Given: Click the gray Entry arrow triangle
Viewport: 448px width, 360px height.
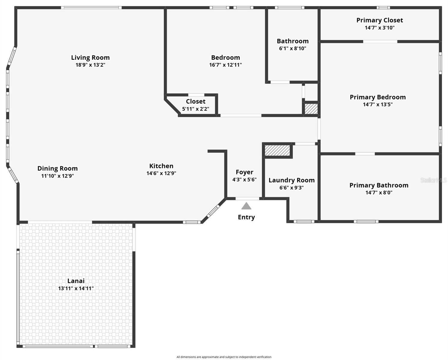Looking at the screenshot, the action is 246,206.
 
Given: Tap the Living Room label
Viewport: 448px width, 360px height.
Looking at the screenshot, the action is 90,57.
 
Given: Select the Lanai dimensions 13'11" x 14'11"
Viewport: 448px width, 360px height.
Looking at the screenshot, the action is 76,288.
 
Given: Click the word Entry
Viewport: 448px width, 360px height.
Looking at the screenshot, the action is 246,217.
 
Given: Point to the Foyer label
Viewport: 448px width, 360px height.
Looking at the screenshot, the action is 244,172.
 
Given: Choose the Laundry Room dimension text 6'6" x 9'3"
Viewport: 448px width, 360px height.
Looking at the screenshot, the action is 292,187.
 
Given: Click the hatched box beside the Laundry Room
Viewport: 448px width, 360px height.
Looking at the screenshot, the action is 277,150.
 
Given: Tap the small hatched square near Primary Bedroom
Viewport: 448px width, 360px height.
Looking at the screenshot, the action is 311,109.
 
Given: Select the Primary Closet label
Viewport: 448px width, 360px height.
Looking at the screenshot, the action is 380,20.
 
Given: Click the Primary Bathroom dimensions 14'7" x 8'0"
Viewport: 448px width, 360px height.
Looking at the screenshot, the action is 379,193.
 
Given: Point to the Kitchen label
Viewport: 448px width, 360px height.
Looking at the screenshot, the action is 161,166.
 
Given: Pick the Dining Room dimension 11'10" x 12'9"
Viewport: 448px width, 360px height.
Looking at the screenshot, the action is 57,176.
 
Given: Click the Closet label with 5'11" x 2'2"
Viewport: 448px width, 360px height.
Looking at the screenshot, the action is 196,101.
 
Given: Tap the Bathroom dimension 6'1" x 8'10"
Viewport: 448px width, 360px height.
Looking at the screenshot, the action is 292,49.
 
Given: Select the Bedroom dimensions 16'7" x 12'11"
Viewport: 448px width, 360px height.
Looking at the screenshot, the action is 226,65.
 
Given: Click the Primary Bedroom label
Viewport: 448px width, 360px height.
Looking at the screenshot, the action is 378,97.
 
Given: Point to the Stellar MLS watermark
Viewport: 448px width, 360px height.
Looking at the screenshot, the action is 434,180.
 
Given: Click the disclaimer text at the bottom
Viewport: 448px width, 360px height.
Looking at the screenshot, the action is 224,357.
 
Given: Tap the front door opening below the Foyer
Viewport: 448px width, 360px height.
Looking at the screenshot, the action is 247,199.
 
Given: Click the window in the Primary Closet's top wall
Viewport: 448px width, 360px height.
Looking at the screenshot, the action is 383,8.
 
